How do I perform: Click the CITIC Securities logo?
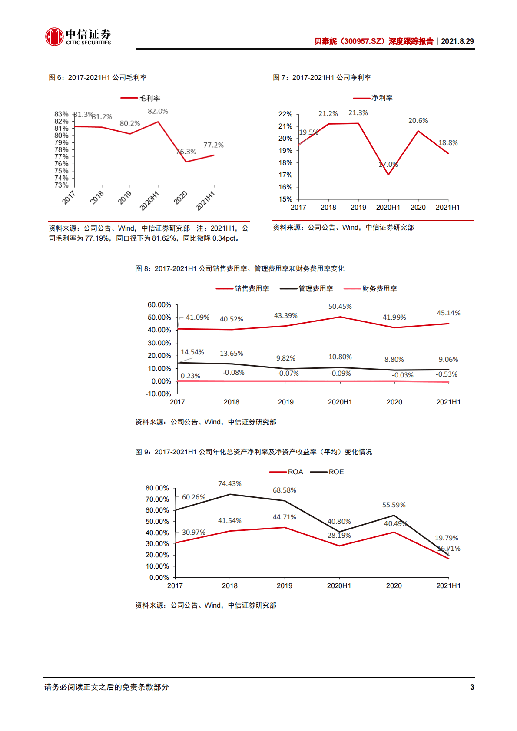pos(78,37)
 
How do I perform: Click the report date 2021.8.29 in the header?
pos(457,41)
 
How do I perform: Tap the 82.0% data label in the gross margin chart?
pos(158,112)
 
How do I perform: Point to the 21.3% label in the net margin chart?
pos(358,113)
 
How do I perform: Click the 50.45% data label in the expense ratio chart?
pos(340,307)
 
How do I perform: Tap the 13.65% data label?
pos(231,354)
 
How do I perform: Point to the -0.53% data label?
pos(447,374)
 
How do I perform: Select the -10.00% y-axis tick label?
pos(158,394)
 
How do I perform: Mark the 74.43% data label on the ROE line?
pos(229,484)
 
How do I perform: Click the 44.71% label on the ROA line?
pos(284,517)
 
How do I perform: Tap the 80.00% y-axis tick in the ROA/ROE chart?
pos(157,488)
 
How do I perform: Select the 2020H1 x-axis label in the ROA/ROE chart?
pos(339,586)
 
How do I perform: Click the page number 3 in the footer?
pos(472,687)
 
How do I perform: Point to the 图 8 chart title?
pos(239,269)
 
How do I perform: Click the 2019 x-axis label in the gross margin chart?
pos(125,198)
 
